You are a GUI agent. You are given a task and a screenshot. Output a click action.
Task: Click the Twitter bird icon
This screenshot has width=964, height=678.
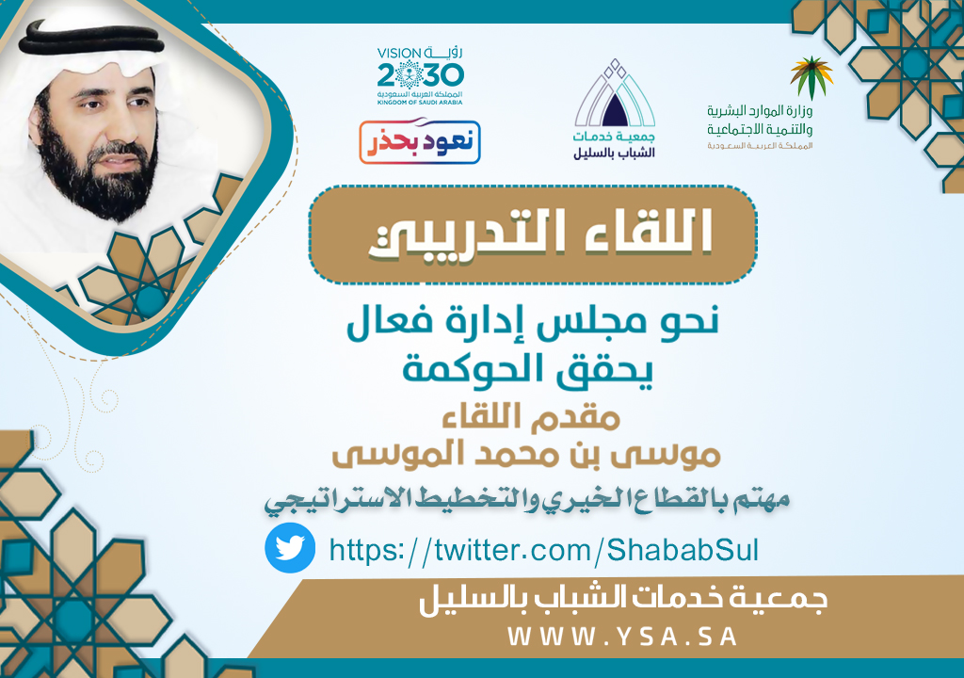coord(290,547)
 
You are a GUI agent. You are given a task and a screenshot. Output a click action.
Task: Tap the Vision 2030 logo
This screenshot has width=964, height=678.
coord(420,75)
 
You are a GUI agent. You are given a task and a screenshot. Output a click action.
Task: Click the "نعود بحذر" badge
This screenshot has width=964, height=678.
coord(420,142)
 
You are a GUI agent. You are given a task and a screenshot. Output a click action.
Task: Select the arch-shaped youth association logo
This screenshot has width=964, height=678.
coord(614,109)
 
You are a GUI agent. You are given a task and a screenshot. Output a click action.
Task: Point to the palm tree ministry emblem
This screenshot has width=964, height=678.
coord(811,77)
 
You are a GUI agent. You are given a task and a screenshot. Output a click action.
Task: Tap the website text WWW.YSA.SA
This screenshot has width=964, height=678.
coord(622,637)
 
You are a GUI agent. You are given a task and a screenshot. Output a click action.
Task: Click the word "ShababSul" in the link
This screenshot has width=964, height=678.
coord(683,549)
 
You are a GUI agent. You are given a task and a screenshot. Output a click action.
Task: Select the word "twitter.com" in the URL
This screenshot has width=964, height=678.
coord(513,549)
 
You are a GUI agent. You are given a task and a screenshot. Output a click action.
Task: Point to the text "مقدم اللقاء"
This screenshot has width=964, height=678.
coord(531,416)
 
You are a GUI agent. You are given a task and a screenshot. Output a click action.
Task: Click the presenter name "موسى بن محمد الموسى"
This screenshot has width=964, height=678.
coord(526,455)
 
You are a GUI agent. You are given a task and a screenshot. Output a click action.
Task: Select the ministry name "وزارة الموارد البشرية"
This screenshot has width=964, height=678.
coord(760,111)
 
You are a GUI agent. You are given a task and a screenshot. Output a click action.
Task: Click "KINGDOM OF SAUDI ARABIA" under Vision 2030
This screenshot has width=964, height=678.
coord(420,103)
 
